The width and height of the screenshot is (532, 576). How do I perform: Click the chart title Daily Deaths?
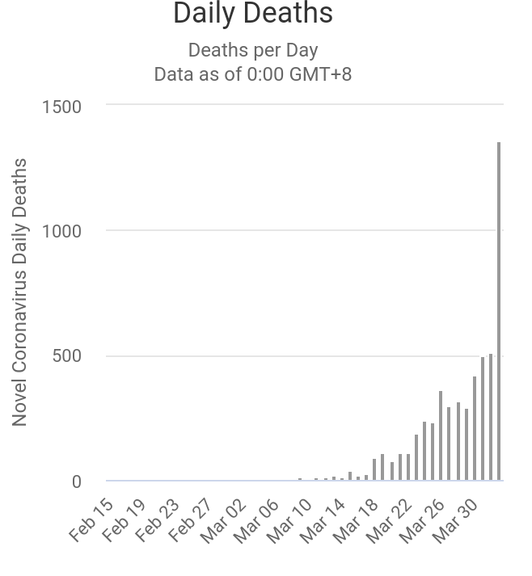(x=253, y=14)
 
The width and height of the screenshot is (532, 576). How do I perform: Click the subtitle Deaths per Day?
(x=253, y=50)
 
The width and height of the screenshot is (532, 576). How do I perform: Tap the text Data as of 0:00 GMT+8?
(x=253, y=74)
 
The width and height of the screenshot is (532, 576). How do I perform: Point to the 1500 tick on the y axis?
(x=61, y=107)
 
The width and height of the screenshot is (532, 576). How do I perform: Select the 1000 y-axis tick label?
(x=61, y=232)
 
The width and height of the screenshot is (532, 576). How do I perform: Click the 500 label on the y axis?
(x=67, y=357)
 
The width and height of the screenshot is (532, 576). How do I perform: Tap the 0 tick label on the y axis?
(x=77, y=482)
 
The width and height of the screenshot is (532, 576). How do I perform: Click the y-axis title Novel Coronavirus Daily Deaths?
(x=19, y=292)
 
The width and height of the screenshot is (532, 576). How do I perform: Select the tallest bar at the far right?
(x=499, y=311)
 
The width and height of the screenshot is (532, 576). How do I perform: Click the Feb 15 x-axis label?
(x=91, y=520)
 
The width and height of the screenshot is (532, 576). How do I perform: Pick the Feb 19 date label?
(x=125, y=520)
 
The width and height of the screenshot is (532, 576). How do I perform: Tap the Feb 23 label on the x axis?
(x=158, y=520)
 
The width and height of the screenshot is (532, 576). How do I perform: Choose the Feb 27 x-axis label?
(x=191, y=520)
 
